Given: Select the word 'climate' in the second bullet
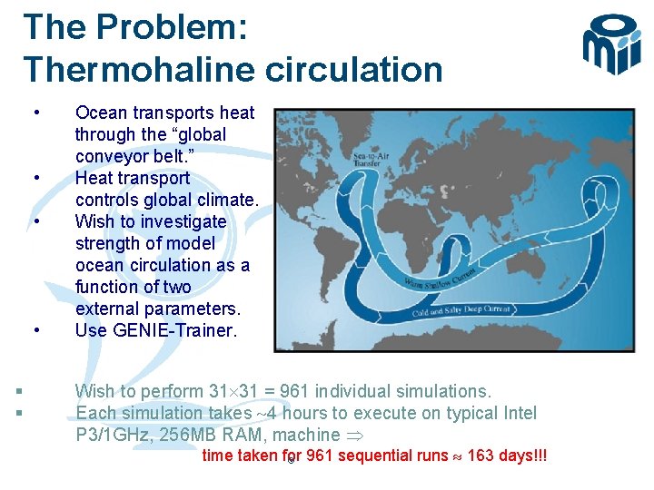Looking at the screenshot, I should [x=226, y=200].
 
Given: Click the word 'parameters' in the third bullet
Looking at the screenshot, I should [x=193, y=309].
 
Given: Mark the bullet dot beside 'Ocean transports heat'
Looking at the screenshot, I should [x=35, y=113].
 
